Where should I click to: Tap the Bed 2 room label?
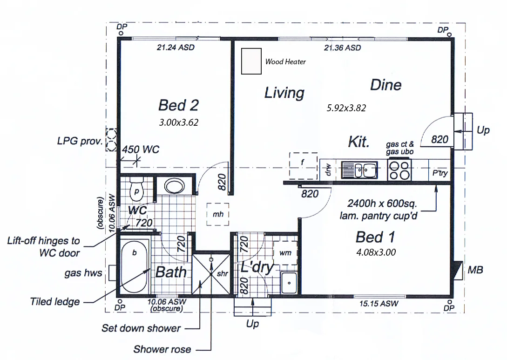pyautogui.click(x=178, y=105)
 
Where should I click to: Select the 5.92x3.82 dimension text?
pyautogui.click(x=346, y=108)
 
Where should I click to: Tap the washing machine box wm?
pyautogui.click(x=285, y=252)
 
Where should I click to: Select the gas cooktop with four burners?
pyautogui.click(x=399, y=170)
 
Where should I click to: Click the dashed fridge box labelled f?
pyautogui.click(x=303, y=164)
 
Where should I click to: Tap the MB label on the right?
pyautogui.click(x=475, y=270)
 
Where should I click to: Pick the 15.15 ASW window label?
pyautogui.click(x=379, y=304)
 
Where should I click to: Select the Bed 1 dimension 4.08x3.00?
pyautogui.click(x=375, y=253)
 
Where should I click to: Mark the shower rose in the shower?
pyautogui.click(x=212, y=258)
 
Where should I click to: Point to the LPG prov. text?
pyautogui.click(x=79, y=141)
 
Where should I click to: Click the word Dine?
pyautogui.click(x=385, y=85)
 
